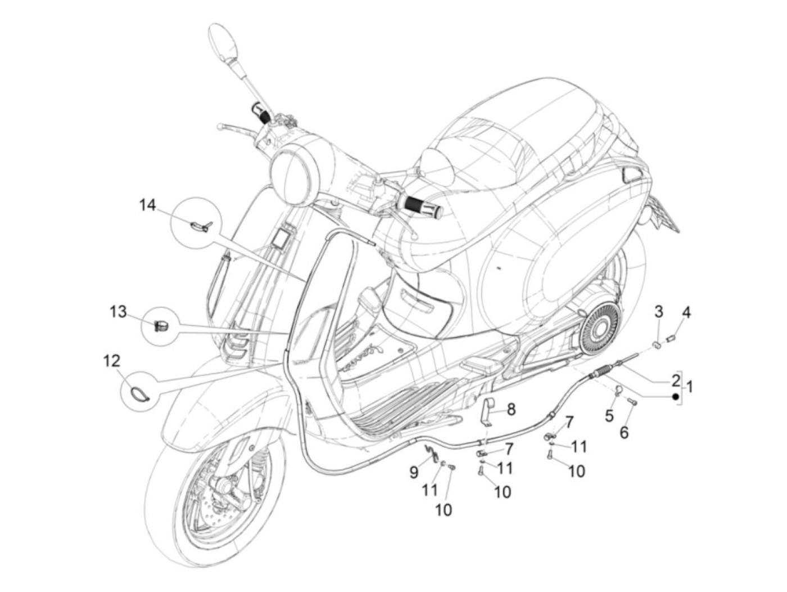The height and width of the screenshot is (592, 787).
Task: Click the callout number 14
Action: click(147, 205)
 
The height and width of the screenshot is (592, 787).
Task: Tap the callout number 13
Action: click(118, 311)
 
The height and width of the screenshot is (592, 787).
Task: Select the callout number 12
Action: click(111, 360)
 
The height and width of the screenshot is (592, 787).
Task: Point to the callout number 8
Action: click(511, 409)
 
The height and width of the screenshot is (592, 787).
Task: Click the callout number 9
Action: click(414, 472)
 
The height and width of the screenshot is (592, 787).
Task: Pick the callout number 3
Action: click(659, 311)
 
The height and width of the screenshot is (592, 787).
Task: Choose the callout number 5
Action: click(609, 416)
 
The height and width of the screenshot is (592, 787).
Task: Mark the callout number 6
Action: click(624, 432)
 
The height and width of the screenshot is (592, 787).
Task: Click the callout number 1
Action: click(690, 387)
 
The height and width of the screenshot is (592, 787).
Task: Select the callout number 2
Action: click(675, 380)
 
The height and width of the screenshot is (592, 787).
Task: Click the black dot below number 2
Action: click(676, 397)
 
